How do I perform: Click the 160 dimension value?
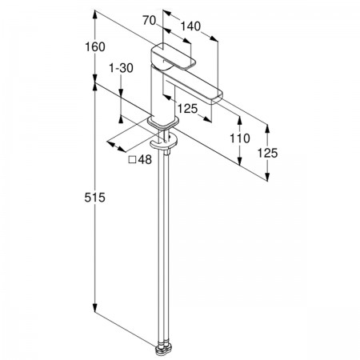click(x=95, y=47)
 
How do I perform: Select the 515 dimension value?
click(x=95, y=198)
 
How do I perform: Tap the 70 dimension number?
click(x=149, y=20)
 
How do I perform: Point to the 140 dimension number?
click(x=190, y=26)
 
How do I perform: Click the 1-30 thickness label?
click(x=121, y=68)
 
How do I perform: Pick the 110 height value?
click(x=240, y=138)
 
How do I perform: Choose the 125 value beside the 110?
click(x=267, y=153)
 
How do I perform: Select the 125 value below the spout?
click(x=188, y=109)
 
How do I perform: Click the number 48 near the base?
click(x=145, y=160)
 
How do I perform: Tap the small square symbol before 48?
click(x=132, y=160)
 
